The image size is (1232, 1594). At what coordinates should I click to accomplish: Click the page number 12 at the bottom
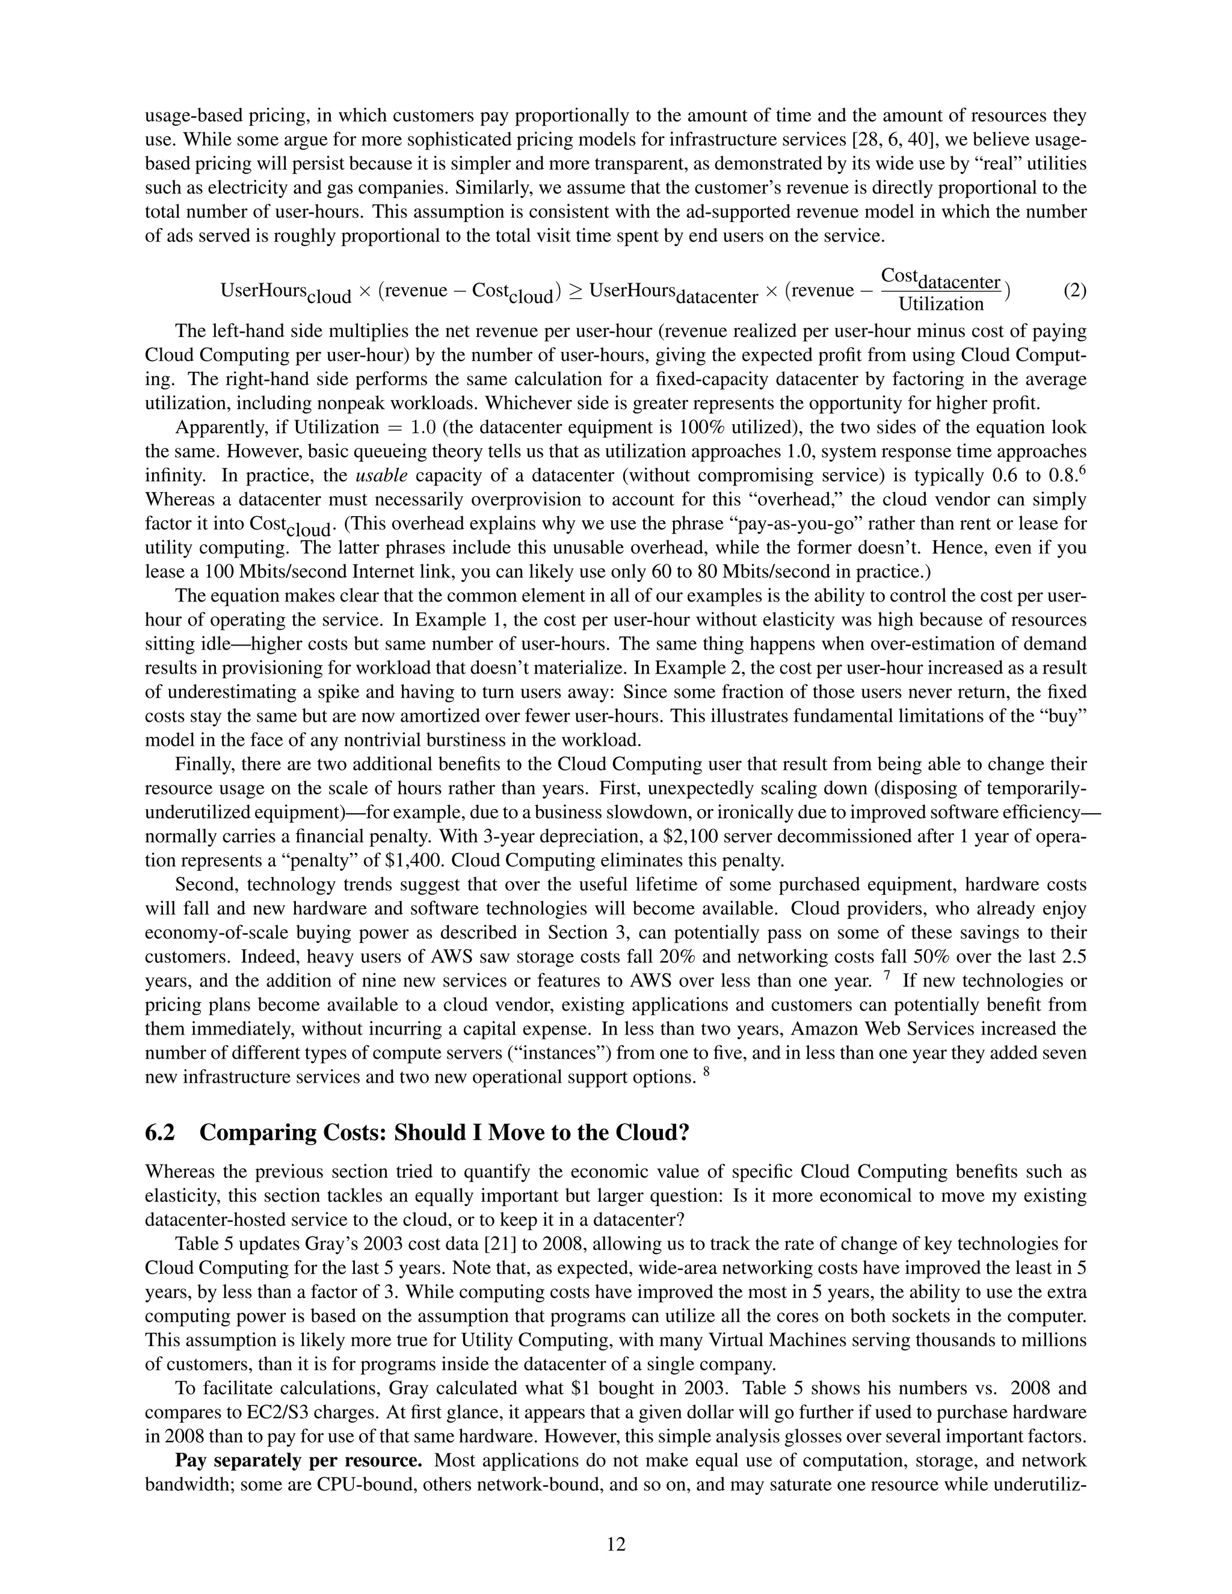pos(616,1543)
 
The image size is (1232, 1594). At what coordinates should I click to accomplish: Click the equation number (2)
pos(1074,291)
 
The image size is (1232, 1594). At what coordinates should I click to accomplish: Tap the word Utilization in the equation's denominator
pos(941,304)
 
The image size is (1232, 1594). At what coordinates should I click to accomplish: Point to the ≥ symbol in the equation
pos(575,291)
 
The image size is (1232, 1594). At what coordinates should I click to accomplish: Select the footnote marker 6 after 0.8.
pos(1082,469)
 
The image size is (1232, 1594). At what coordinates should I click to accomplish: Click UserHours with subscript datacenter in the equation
pos(673,291)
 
